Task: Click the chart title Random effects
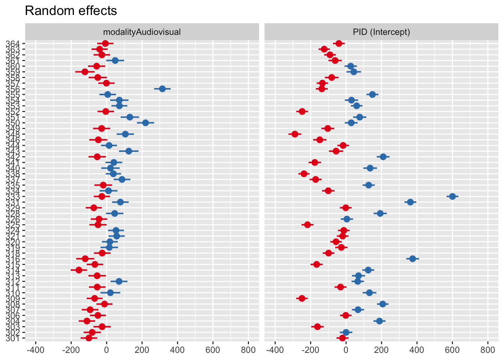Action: pyautogui.click(x=71, y=11)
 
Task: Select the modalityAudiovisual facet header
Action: pyautogui.click(x=142, y=32)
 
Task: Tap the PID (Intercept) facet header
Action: pyautogui.click(x=381, y=32)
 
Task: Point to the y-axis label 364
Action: pyautogui.click(x=13, y=43)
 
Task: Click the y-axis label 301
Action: pyautogui.click(x=13, y=338)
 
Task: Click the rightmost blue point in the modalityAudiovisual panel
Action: pyautogui.click(x=162, y=89)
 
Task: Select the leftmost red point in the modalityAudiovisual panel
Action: pyautogui.click(x=79, y=270)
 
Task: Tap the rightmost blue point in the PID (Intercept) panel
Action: pyautogui.click(x=452, y=196)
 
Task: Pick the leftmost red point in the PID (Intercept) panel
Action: pyautogui.click(x=295, y=134)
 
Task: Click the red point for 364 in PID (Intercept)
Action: pyautogui.click(x=339, y=43)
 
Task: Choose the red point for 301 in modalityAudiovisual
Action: pyautogui.click(x=89, y=338)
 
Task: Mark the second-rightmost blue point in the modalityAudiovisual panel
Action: pyautogui.click(x=145, y=123)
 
